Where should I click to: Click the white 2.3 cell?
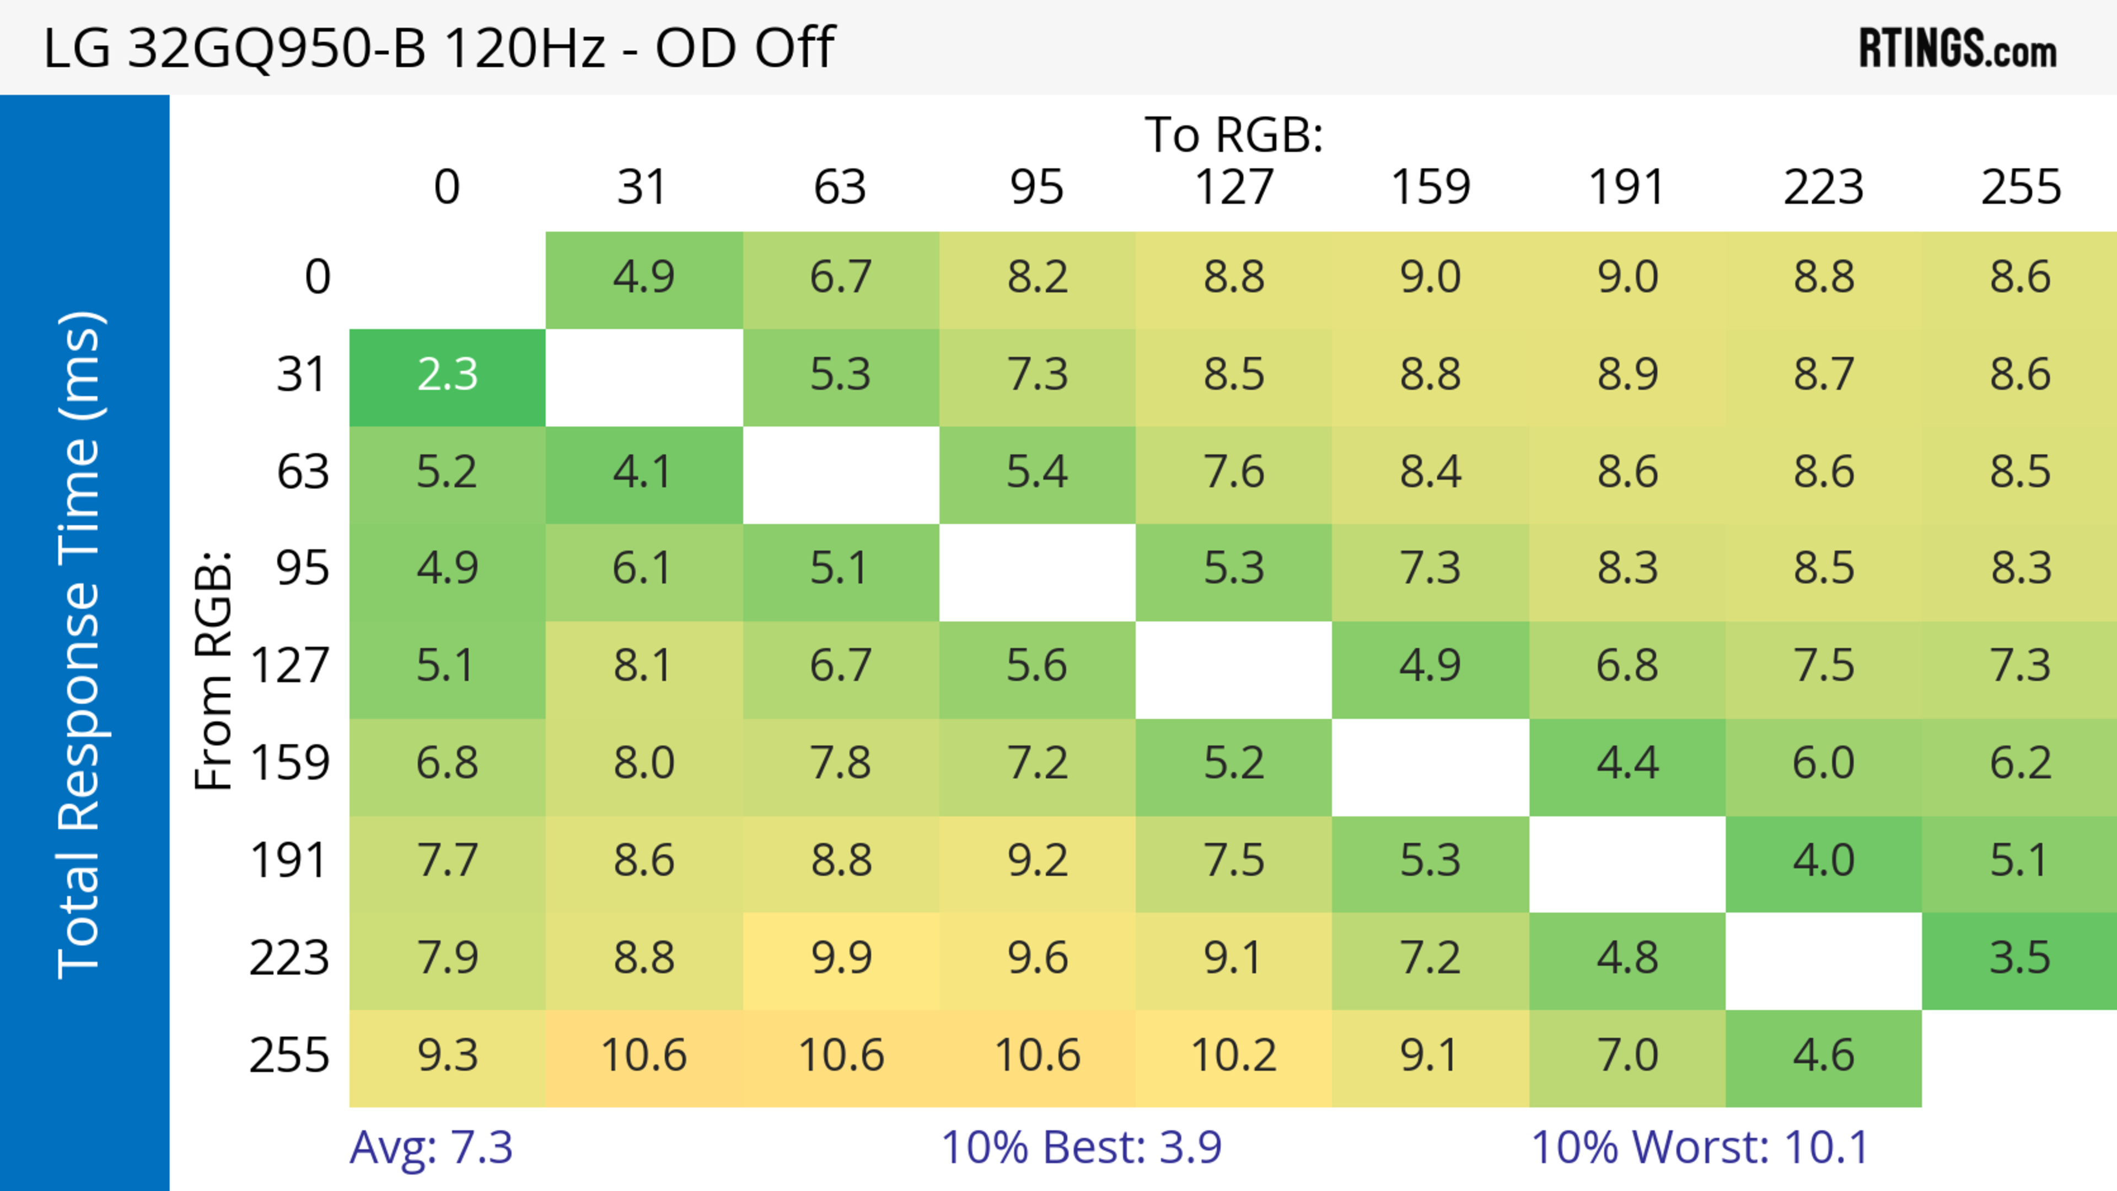click(x=447, y=375)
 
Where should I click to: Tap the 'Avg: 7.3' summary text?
click(x=432, y=1147)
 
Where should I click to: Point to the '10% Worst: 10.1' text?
click(x=1700, y=1147)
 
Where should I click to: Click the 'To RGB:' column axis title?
click(x=1234, y=134)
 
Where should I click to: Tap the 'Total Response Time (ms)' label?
click(x=80, y=645)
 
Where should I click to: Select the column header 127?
click(x=1234, y=187)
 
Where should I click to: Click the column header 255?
click(x=2020, y=187)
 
